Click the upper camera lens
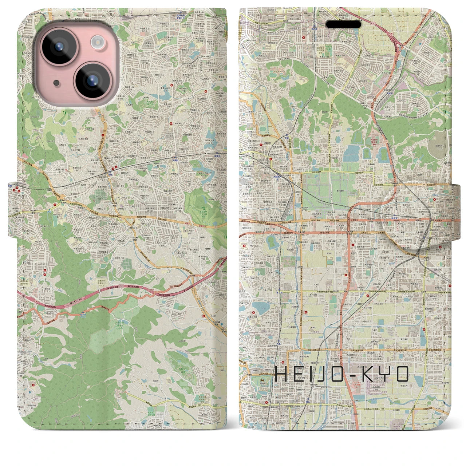[58, 47]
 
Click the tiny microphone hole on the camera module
[56, 83]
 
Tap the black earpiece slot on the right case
[343, 24]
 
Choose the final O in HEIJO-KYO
[402, 374]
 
